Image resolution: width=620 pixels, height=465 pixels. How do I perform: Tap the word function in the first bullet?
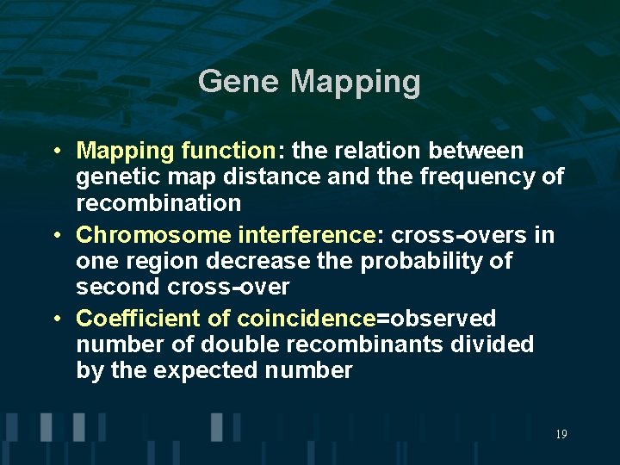click(x=226, y=152)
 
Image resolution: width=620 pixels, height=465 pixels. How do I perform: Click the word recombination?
click(x=158, y=204)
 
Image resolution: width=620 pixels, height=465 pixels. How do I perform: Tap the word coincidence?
click(x=306, y=319)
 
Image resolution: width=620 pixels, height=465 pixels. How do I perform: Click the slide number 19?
click(x=561, y=434)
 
